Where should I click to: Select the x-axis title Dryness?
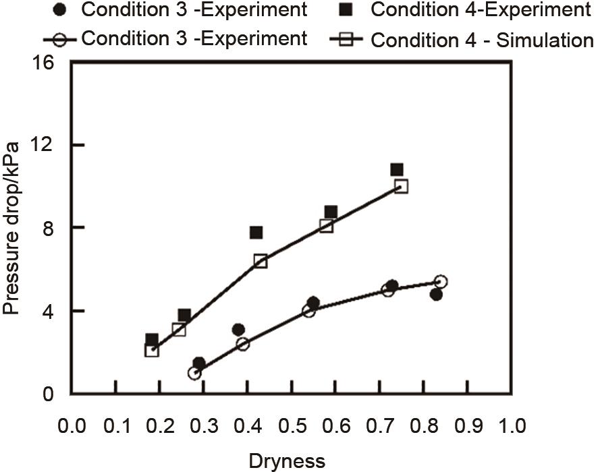click(x=287, y=461)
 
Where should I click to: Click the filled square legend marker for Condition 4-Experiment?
click(x=353, y=11)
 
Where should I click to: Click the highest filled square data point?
click(x=397, y=169)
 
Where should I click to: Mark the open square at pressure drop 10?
click(x=402, y=186)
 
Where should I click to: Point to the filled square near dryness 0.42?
click(x=256, y=233)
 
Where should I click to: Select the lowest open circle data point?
click(x=194, y=373)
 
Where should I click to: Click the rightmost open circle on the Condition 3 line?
click(x=441, y=282)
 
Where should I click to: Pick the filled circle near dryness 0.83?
click(x=436, y=294)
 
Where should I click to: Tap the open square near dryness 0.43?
click(x=261, y=261)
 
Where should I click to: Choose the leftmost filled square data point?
click(x=152, y=339)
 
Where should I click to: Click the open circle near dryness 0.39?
click(x=243, y=343)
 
